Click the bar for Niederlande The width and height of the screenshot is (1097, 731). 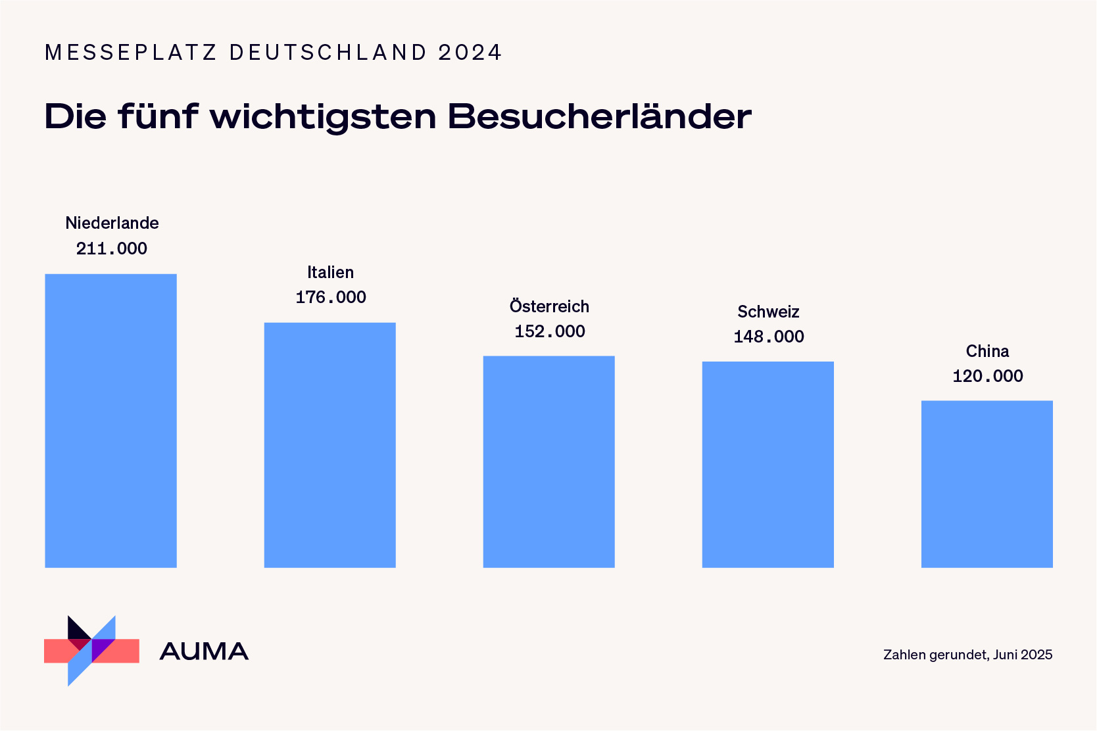[x=110, y=421]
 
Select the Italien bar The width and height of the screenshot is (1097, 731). [x=329, y=445]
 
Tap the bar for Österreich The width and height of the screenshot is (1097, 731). [x=548, y=461]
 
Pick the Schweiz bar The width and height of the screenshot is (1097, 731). [x=768, y=464]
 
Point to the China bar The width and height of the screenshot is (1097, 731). [x=987, y=484]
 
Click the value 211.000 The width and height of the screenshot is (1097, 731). [x=112, y=248]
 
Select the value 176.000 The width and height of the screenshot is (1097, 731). [x=331, y=297]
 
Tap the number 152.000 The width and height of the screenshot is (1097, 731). [x=550, y=331]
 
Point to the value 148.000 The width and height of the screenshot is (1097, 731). [x=769, y=337]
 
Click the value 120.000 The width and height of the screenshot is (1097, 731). [x=988, y=376]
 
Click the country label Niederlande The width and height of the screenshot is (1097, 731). [x=112, y=223]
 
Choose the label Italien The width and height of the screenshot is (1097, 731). [x=330, y=272]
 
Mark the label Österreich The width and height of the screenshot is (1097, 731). [x=549, y=306]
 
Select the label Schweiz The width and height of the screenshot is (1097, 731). [x=768, y=312]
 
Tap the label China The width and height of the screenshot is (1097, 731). [x=987, y=351]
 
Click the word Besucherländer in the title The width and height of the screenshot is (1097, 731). [x=599, y=117]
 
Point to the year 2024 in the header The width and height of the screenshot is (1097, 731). [x=470, y=53]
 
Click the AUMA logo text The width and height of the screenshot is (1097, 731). [x=204, y=651]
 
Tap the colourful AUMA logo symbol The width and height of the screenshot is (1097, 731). [x=91, y=651]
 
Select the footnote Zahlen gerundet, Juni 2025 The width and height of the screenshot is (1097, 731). [x=967, y=655]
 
